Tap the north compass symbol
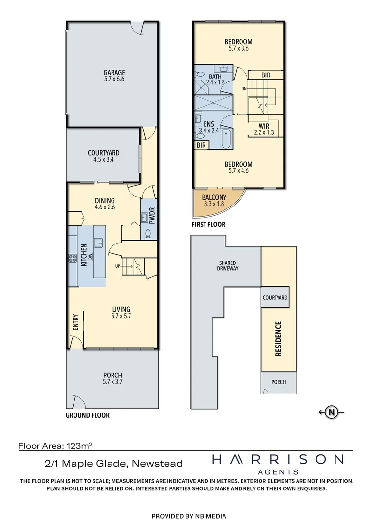[x=332, y=412]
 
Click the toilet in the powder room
[x=148, y=234]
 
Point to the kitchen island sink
[x=99, y=242]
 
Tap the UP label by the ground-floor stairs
[x=117, y=266]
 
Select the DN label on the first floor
[x=243, y=89]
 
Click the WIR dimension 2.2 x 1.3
[x=263, y=132]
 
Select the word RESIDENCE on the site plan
[x=279, y=339]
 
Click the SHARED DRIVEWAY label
[x=228, y=265]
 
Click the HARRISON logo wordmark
[x=278, y=459]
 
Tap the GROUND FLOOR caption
[x=88, y=415]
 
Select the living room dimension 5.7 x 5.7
[x=121, y=316]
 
